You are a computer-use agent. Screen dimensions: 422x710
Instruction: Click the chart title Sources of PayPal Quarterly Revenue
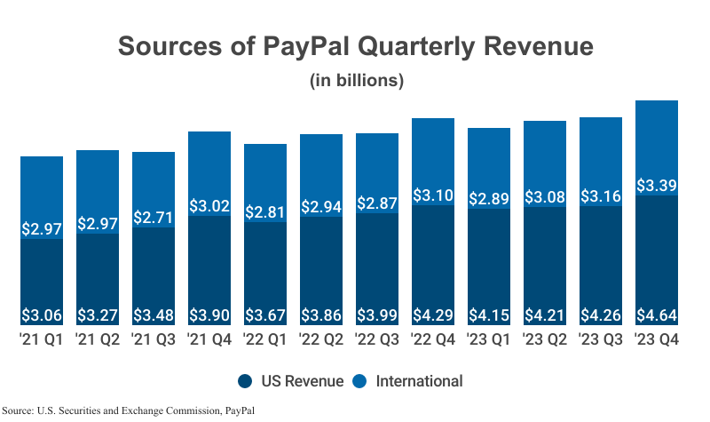355,47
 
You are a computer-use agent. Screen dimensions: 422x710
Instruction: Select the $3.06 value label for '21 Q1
42,315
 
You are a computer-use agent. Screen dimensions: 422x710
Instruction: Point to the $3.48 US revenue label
154,315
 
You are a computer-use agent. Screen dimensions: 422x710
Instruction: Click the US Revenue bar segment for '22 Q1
265,267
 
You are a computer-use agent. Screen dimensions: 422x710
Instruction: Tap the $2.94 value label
321,205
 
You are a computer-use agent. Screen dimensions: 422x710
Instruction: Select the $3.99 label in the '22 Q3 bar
377,315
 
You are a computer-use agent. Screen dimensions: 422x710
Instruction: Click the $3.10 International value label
433,194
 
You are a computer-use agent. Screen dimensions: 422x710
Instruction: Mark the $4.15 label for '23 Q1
489,315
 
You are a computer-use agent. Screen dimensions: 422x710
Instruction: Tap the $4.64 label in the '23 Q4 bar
657,315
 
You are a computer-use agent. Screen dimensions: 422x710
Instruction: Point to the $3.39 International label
657,185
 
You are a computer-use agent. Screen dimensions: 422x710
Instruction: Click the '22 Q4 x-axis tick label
433,340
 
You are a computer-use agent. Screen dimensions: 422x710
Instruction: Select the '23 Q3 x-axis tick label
601,340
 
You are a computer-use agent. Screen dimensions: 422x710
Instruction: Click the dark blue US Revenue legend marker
245,381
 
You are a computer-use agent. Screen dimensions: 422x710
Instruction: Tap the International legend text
420,381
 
